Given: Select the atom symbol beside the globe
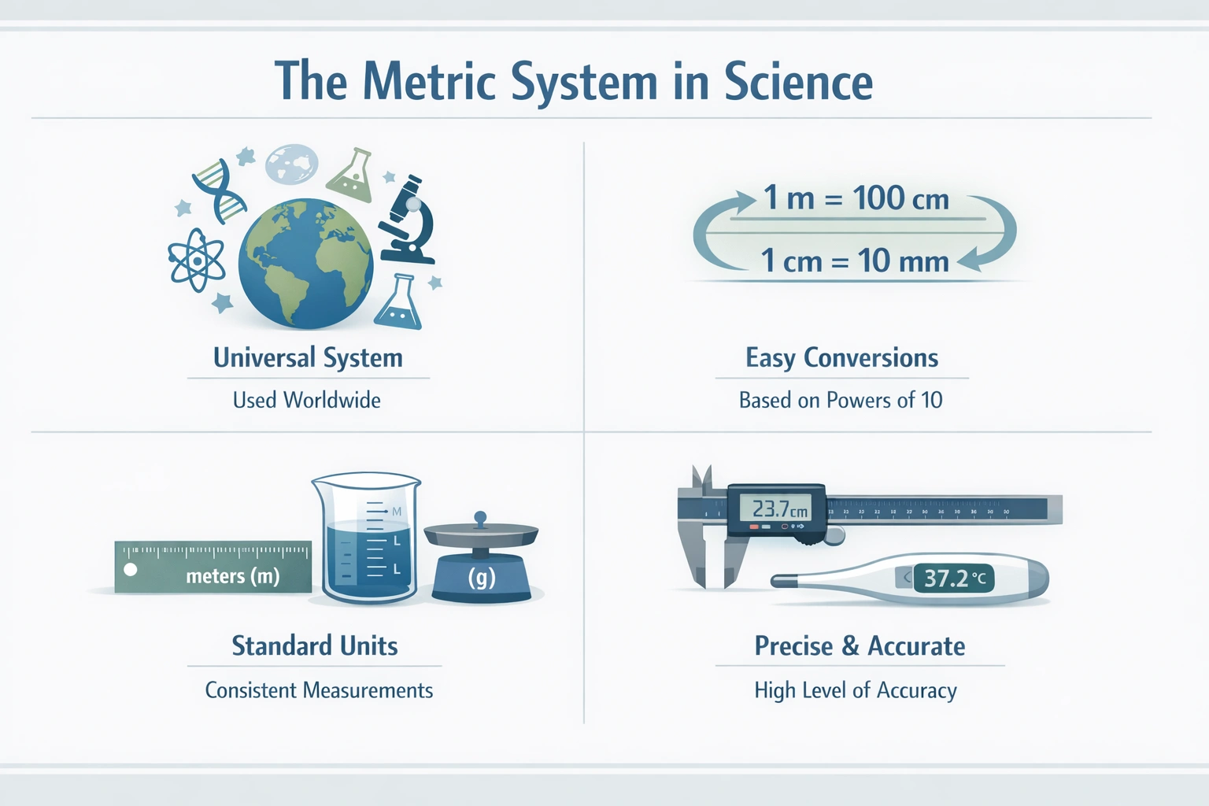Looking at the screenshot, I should pyautogui.click(x=195, y=260).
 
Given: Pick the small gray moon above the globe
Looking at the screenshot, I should pyautogui.click(x=291, y=164).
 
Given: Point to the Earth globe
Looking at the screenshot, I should pyautogui.click(x=305, y=263).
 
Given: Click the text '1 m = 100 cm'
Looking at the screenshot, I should pyautogui.click(x=856, y=198).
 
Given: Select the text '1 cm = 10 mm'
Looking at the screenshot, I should pyautogui.click(x=855, y=261).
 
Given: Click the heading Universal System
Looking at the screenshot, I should pyautogui.click(x=308, y=358).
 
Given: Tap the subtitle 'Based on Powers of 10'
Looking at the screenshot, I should pyautogui.click(x=841, y=401).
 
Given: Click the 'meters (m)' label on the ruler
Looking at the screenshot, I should pyautogui.click(x=233, y=576).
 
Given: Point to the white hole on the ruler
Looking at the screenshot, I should pyautogui.click(x=131, y=569).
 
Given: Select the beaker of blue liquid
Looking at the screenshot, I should pyautogui.click(x=366, y=539).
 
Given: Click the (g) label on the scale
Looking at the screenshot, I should pyautogui.click(x=482, y=578).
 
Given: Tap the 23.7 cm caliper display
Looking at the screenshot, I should pyautogui.click(x=778, y=509).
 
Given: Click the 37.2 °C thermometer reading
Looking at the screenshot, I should pyautogui.click(x=954, y=579).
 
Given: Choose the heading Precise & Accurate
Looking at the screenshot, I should pyautogui.click(x=860, y=646).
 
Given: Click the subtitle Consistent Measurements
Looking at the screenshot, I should pyautogui.click(x=319, y=691).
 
